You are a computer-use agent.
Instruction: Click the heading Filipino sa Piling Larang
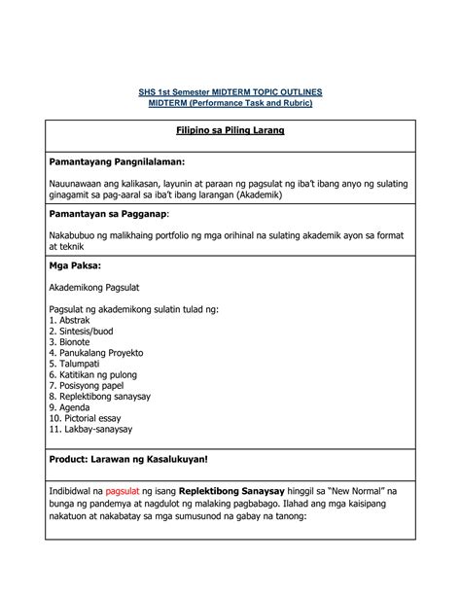point(230,131)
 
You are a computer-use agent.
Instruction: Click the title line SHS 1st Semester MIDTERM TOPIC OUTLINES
point(230,91)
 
